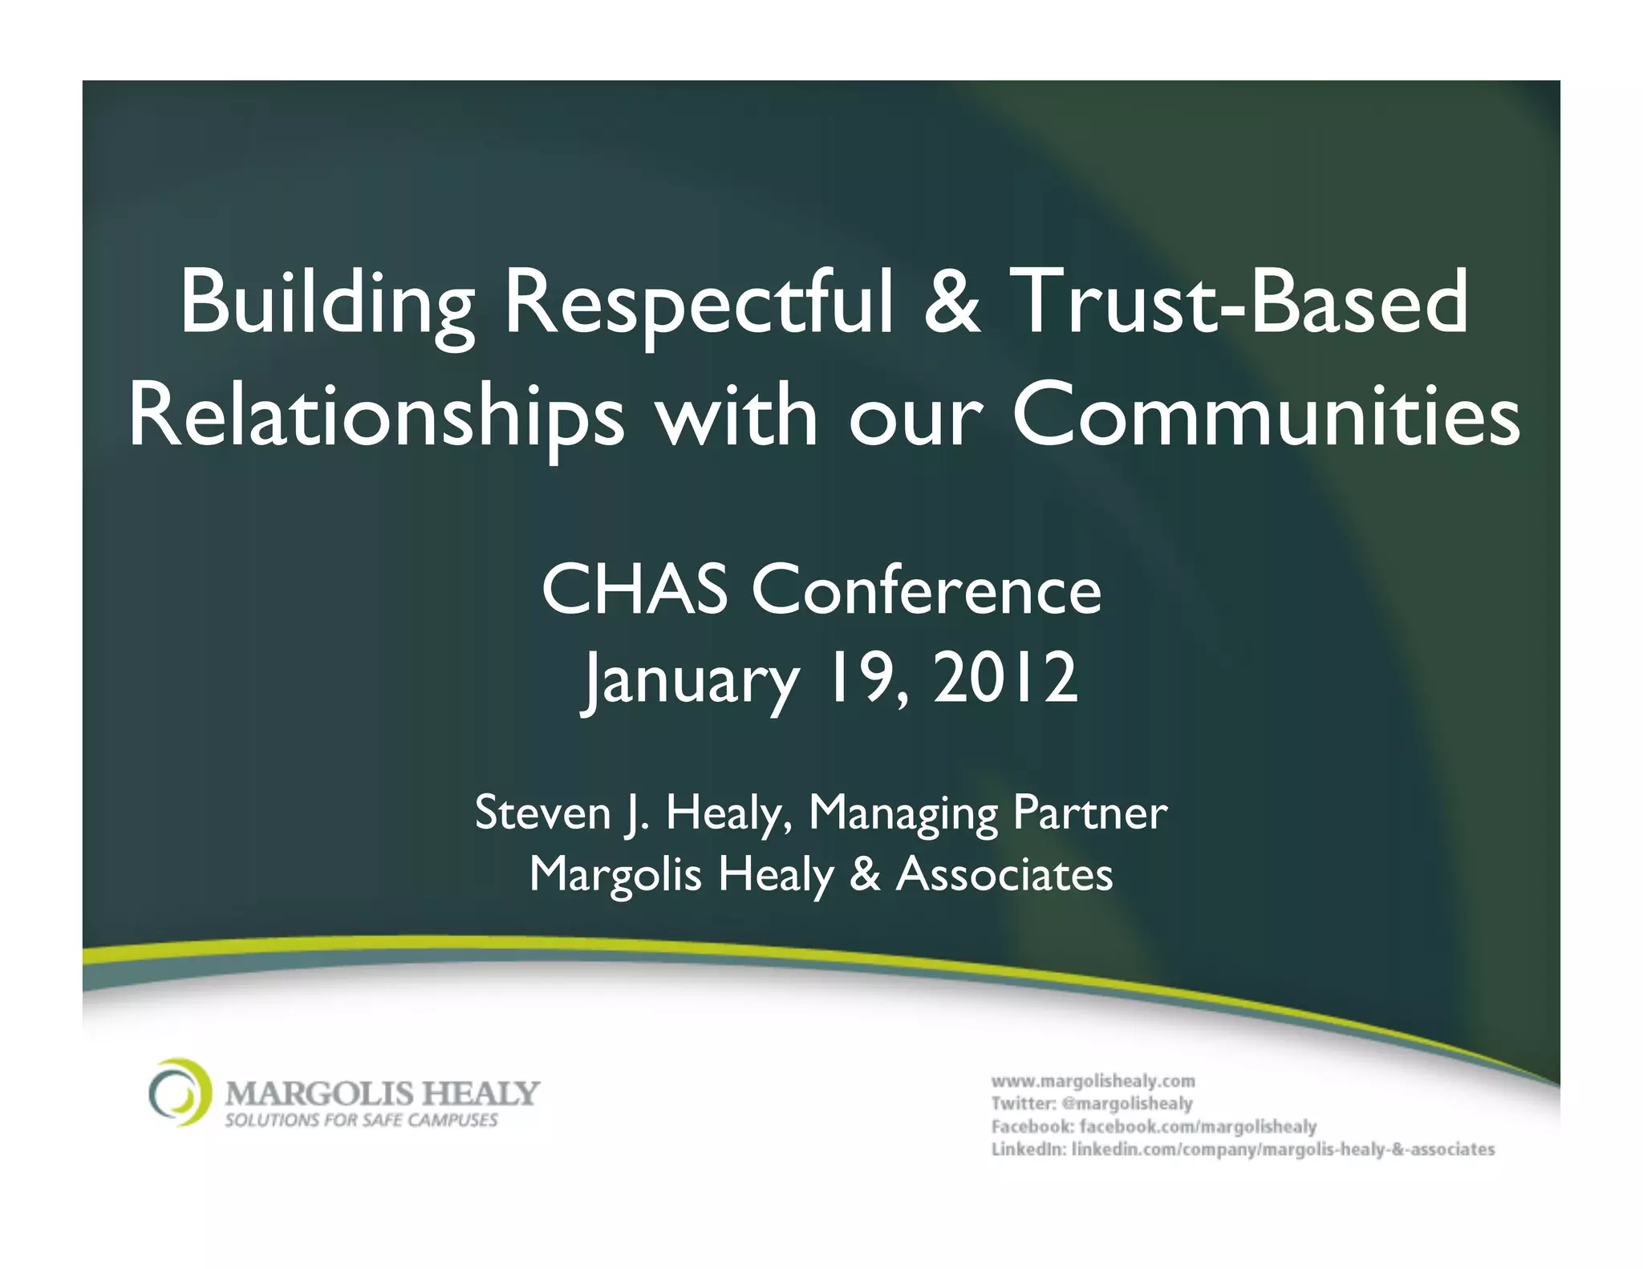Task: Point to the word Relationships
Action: (375, 417)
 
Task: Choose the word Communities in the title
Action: (1265, 417)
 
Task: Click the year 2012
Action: (1004, 679)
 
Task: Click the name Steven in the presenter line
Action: (543, 813)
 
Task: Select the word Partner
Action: (1089, 813)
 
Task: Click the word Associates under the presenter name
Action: (1004, 874)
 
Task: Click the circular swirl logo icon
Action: (181, 1093)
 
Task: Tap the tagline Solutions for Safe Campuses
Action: (361, 1120)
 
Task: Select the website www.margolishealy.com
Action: (1093, 1080)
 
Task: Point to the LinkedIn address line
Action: (1243, 1149)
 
